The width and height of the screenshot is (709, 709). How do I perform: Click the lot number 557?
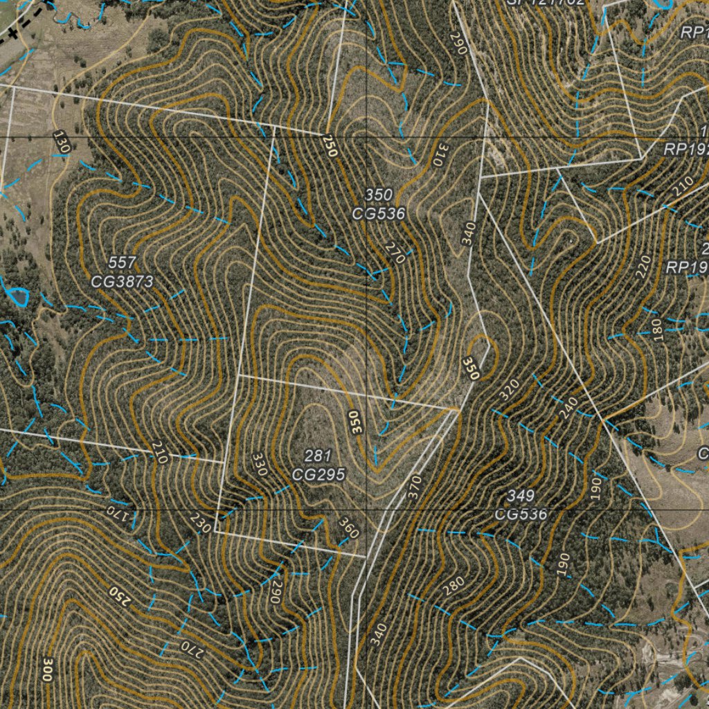122,262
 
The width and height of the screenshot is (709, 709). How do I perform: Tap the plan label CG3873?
122,281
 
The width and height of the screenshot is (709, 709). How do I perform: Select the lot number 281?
318,456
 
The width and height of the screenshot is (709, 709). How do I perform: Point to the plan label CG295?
318,474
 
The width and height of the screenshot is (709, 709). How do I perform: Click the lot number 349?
520,496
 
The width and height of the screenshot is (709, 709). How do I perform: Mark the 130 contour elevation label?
62,142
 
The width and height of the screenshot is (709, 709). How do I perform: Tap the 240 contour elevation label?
568,408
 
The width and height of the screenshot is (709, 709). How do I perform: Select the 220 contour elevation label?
643,267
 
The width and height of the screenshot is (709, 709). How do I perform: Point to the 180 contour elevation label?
656,330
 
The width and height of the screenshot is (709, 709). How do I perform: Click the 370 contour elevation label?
414,490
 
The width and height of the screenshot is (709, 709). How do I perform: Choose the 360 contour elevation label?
348,528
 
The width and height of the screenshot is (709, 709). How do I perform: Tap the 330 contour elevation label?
259,465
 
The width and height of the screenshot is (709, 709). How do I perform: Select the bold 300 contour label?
47,670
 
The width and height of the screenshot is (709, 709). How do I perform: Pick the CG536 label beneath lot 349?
520,514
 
